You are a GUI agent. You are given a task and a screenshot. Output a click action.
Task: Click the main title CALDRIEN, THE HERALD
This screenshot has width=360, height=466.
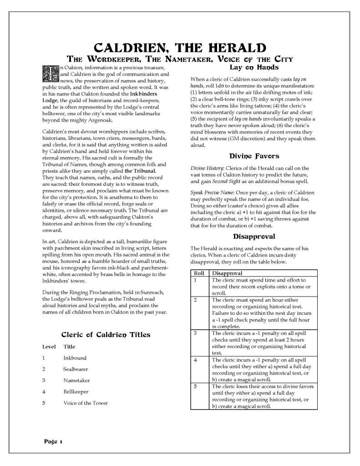(180, 47)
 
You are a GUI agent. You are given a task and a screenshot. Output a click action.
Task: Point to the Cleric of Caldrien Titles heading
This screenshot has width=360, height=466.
(105, 334)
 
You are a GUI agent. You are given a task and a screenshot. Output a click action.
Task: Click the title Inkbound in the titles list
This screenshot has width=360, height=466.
(75, 358)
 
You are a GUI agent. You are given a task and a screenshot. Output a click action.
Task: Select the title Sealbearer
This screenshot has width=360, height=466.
(76, 369)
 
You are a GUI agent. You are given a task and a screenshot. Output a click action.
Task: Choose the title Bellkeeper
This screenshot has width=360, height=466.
(76, 391)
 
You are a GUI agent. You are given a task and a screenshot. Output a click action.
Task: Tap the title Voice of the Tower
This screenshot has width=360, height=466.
(86, 403)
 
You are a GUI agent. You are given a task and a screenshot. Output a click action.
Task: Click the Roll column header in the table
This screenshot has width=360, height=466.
(198, 273)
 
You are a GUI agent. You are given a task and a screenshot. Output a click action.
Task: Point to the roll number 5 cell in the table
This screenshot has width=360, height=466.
(195, 386)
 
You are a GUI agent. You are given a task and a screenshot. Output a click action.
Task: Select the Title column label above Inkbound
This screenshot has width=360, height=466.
(69, 347)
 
